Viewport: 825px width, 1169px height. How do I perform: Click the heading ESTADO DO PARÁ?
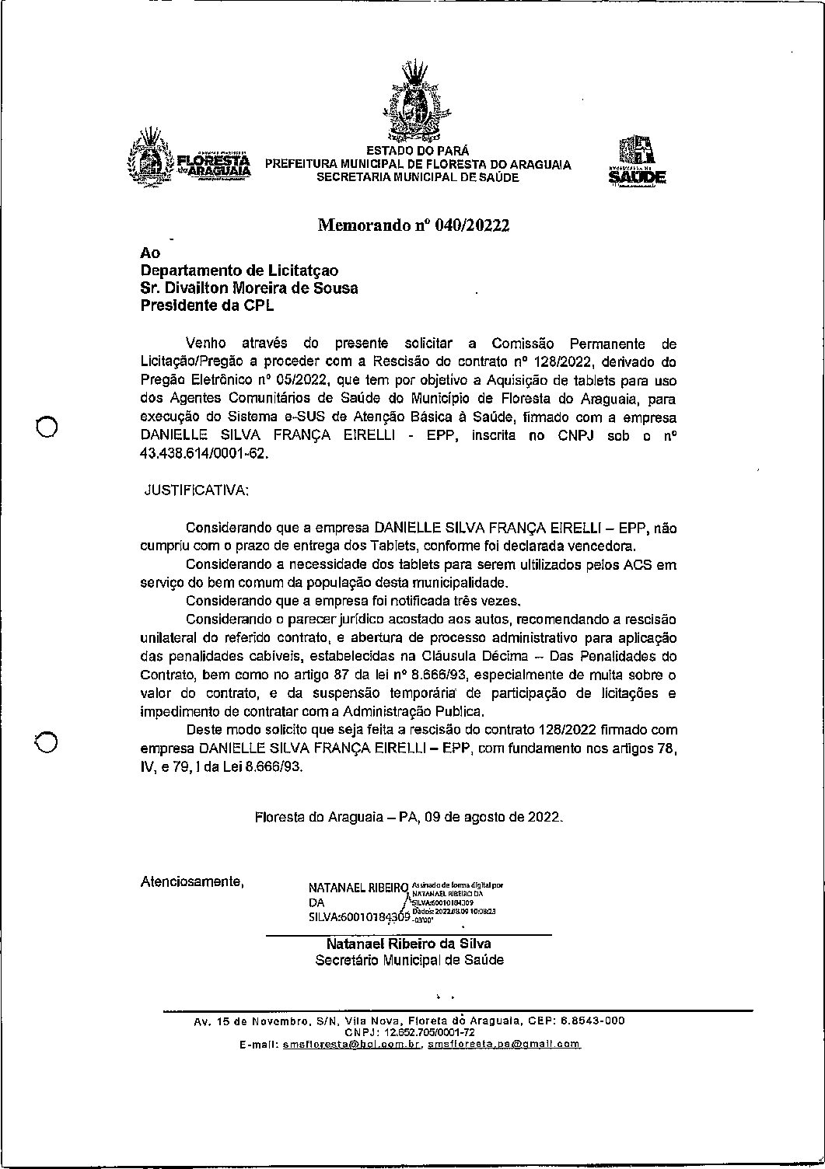click(418, 151)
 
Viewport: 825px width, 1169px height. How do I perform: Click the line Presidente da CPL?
click(207, 306)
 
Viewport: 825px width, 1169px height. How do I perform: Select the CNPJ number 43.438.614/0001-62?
click(203, 454)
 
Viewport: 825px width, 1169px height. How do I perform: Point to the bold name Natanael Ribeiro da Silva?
click(409, 944)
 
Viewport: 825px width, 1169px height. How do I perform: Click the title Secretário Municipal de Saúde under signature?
click(409, 960)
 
